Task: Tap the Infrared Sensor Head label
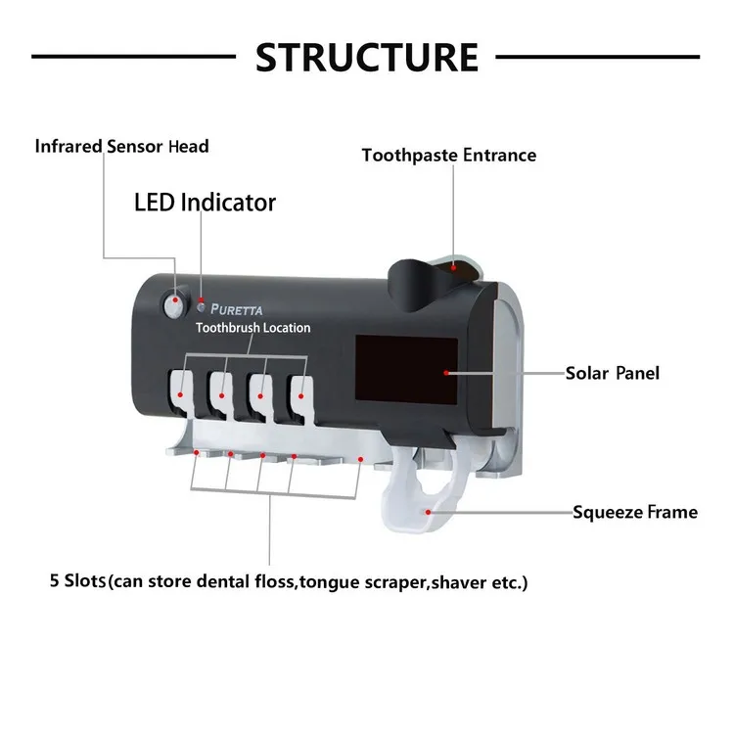point(122,147)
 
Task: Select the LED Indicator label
point(205,203)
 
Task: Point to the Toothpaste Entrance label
point(449,155)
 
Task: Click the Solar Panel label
point(613,373)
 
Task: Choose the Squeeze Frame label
point(635,512)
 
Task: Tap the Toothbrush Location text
point(252,328)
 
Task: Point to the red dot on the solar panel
point(445,373)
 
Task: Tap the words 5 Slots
point(76,581)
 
